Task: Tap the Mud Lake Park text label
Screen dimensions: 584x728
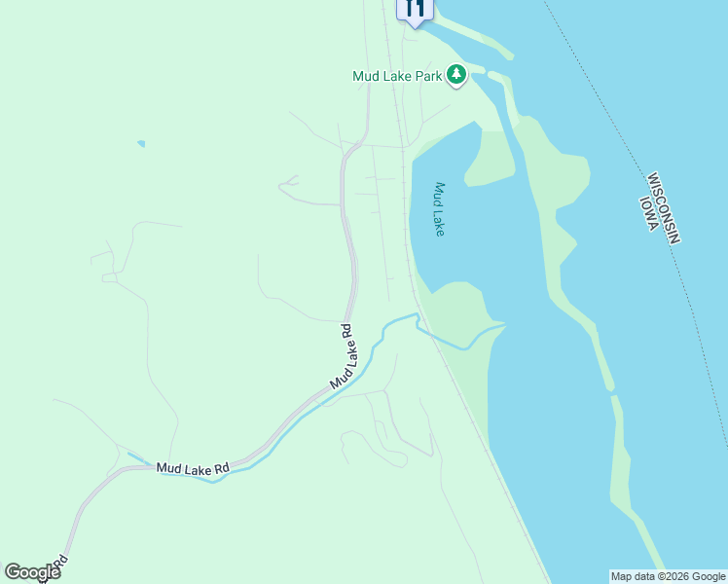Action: (398, 76)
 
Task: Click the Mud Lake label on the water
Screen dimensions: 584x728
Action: (440, 209)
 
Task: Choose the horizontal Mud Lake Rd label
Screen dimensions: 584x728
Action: (193, 468)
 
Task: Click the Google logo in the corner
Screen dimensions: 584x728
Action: (32, 572)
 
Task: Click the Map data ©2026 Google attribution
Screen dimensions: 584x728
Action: (668, 576)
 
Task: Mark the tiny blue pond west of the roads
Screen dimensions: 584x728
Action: (141, 144)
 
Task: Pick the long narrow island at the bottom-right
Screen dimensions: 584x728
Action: (628, 487)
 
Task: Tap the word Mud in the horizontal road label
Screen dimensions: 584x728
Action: (168, 468)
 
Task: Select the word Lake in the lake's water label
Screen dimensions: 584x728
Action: (439, 224)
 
